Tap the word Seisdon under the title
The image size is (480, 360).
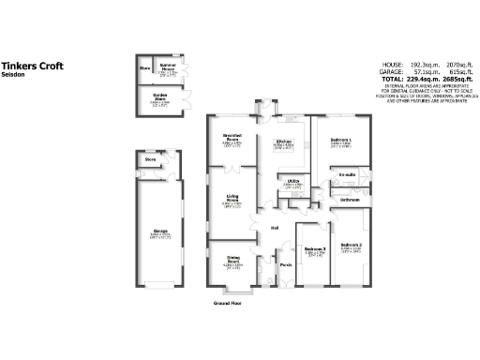12,76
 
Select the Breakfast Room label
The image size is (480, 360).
232,137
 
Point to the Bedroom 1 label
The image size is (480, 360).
340,139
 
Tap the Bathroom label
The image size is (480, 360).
350,200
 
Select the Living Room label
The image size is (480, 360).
232,197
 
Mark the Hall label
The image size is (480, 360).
277,228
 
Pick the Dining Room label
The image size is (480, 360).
232,260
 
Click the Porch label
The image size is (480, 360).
286,264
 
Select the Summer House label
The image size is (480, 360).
168,67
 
